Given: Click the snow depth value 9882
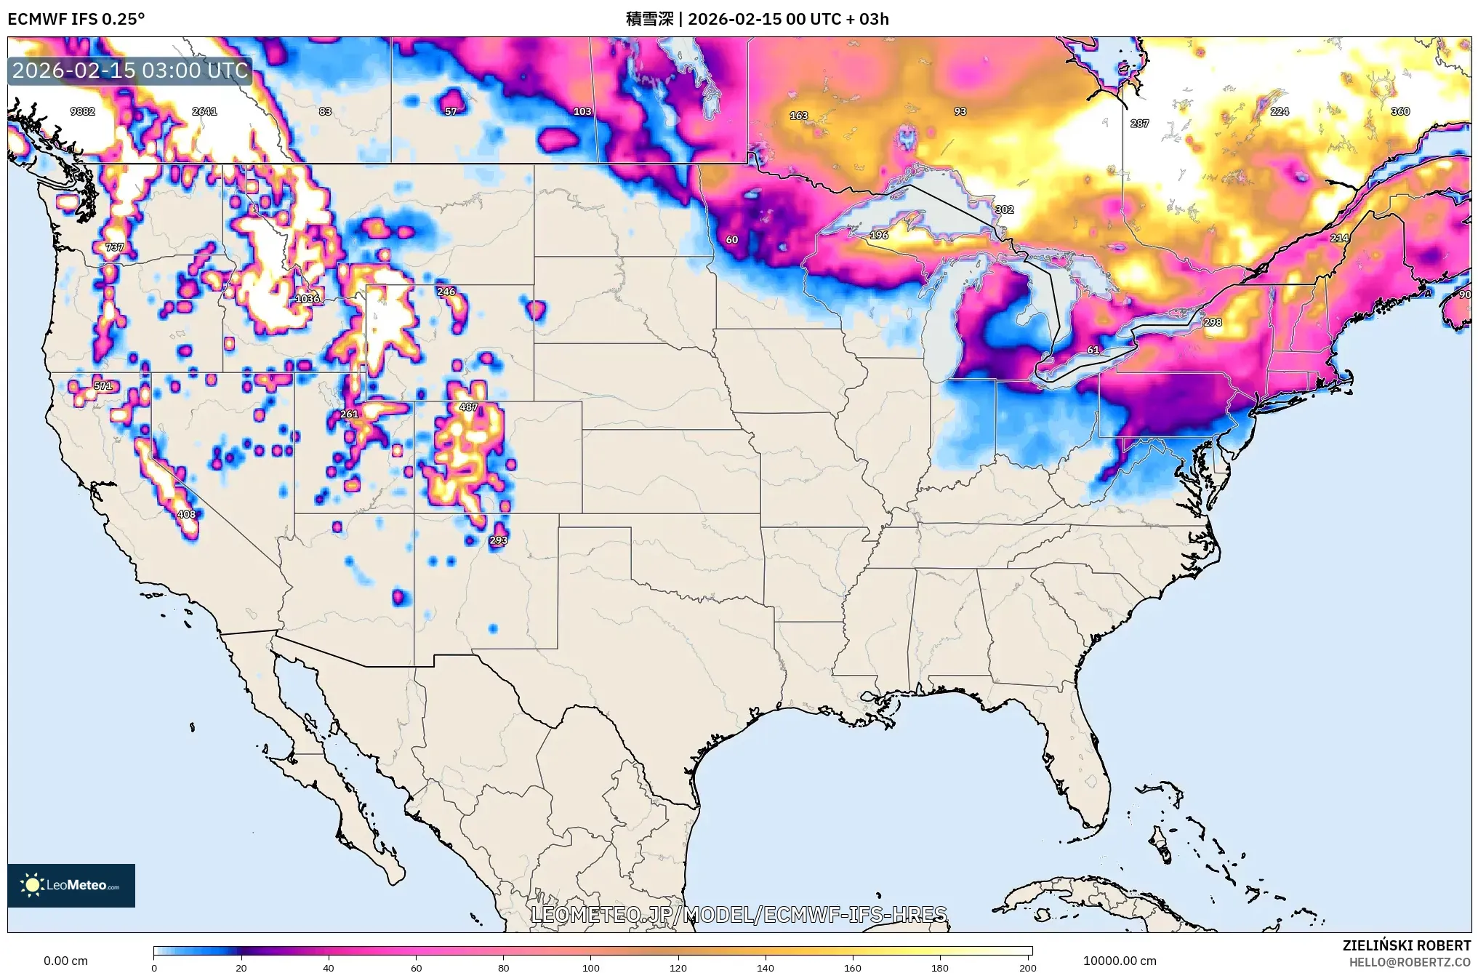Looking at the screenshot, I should coord(82,111).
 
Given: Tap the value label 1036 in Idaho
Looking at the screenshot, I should coord(308,299).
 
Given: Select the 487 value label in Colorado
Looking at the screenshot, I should coord(469,407).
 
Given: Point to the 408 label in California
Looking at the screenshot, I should coord(187,514).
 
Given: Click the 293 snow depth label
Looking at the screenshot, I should coord(499,540).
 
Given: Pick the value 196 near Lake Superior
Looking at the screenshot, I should coord(879,235).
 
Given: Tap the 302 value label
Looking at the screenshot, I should coord(1004,209).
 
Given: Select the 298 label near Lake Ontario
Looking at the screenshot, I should coord(1213,322).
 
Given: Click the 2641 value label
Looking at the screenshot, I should coord(204,111).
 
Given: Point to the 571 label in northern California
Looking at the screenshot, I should coord(103,386).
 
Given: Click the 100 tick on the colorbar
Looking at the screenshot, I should coord(590,967).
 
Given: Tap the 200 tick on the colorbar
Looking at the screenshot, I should coord(1027,967).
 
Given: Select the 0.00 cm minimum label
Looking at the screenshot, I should coord(65,961).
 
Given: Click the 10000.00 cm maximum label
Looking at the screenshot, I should coord(1120,961).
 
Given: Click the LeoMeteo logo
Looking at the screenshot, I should coord(71,885).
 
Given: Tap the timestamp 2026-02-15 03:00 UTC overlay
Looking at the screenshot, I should coord(130,71).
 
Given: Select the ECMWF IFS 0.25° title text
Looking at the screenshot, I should coord(76,19).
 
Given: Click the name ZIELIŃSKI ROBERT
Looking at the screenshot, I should coord(1407,945).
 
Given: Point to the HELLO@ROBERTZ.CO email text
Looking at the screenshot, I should coord(1410,962).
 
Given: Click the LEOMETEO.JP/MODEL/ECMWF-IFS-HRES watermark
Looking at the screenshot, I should coord(739,914).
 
